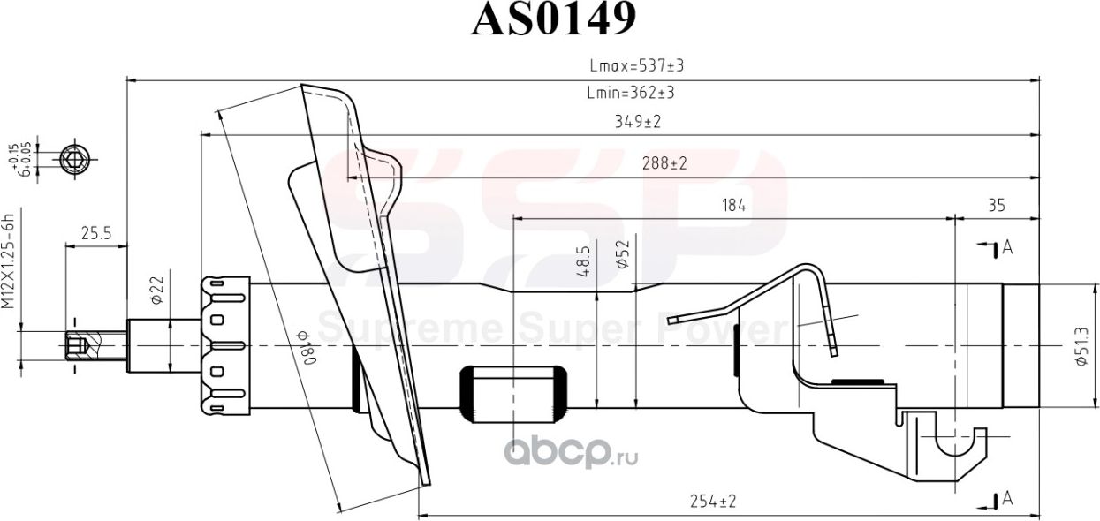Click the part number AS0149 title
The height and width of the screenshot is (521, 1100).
[553, 20]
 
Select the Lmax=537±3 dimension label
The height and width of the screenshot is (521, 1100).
[637, 65]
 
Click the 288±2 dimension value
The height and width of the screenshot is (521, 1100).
[664, 163]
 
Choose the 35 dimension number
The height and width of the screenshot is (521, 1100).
[996, 206]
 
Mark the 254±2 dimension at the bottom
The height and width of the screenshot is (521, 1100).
[712, 502]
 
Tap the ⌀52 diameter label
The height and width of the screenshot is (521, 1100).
[622, 255]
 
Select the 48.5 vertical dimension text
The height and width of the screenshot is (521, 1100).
[583, 263]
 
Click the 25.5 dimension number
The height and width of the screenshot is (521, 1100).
[95, 234]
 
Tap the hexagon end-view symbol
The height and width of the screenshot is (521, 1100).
[74, 160]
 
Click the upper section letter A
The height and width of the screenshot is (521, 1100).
[1006, 248]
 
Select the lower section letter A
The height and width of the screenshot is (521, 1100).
[1006, 500]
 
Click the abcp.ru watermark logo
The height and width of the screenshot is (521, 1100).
[570, 453]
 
